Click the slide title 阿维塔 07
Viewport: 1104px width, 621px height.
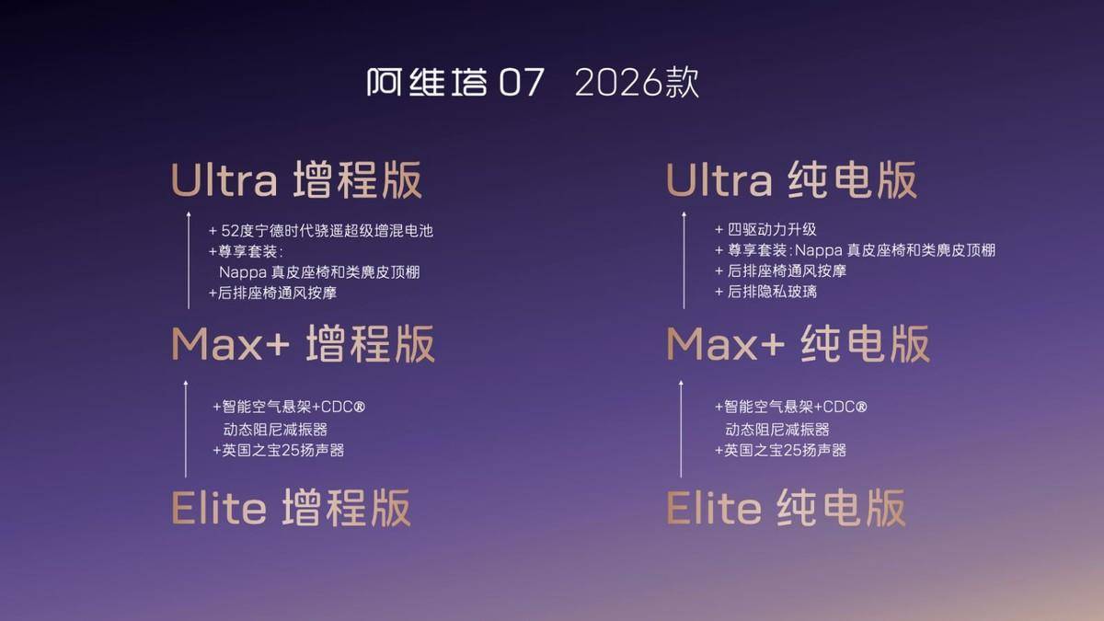[x=455, y=82]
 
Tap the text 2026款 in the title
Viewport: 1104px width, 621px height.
[x=637, y=82]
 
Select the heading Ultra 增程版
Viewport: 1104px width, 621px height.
[x=296, y=179]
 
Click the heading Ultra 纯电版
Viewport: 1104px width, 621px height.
[x=791, y=179]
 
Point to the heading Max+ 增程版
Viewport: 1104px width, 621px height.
[x=303, y=344]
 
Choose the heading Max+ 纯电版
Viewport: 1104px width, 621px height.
[x=798, y=344]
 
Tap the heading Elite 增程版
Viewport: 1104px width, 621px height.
[x=291, y=508]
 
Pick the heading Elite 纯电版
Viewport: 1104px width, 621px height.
[x=786, y=508]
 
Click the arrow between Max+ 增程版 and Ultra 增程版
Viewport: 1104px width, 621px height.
[x=189, y=260]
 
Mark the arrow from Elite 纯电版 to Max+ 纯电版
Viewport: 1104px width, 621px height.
[x=681, y=429]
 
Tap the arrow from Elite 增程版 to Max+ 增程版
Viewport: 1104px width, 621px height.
[x=186, y=429]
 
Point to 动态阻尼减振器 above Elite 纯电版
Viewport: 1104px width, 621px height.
[x=777, y=430]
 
